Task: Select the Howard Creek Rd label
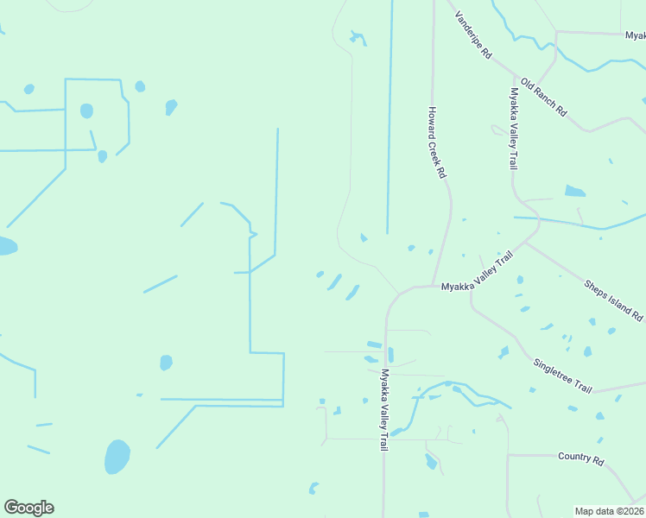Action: pos(437,142)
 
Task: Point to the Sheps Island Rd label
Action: pos(613,299)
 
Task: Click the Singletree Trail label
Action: pos(562,376)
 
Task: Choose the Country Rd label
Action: pos(580,456)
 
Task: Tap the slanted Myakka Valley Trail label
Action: pos(477,273)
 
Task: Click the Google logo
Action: pos(28,508)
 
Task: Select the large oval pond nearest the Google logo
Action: pos(117,457)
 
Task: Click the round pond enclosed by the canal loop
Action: pos(86,111)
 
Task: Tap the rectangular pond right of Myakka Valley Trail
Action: pos(574,191)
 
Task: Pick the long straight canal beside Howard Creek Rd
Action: pos(389,121)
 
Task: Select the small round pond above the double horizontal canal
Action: pos(166,363)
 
